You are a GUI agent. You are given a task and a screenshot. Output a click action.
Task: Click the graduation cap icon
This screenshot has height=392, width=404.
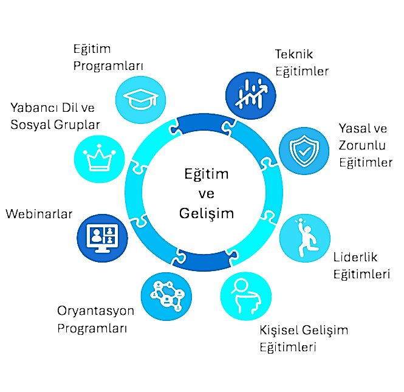[142, 98]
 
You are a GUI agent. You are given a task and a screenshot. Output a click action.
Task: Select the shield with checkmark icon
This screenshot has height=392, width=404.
[304, 151]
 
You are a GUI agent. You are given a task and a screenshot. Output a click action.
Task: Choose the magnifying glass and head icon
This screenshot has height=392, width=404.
[245, 296]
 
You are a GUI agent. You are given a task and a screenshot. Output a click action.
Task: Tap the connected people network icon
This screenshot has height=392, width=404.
[166, 297]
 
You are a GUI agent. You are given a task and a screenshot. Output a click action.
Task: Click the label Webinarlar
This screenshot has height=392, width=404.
[39, 215]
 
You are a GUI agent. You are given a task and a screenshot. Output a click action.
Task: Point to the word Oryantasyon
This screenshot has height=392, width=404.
[96, 312]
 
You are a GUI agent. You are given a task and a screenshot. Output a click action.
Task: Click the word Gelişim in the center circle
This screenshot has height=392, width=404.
[207, 213]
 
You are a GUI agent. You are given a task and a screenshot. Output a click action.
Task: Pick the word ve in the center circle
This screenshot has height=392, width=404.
[207, 194]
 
